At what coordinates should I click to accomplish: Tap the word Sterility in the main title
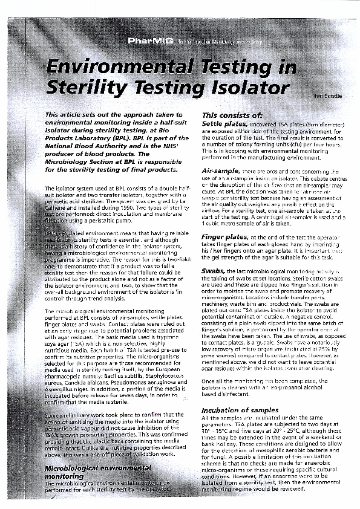(83, 88)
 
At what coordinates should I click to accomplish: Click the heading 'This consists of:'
(232, 115)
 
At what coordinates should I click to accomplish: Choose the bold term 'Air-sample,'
(223, 172)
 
